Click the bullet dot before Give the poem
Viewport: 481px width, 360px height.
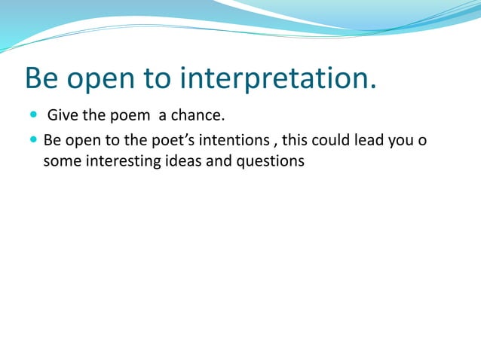[x=34, y=117]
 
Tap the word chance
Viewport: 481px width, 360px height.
[x=201, y=117]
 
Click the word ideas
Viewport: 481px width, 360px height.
[x=182, y=161]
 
